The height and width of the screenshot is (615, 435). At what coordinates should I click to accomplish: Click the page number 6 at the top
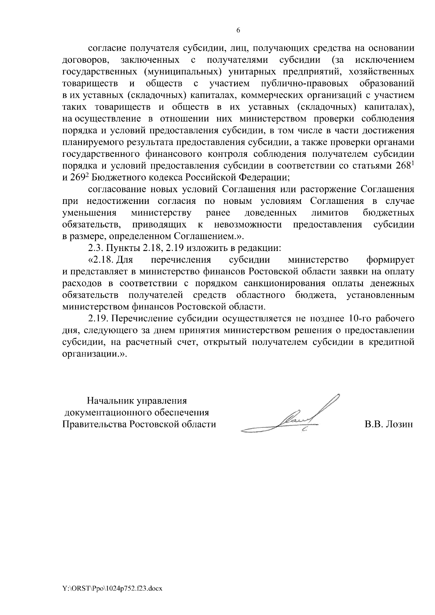238,30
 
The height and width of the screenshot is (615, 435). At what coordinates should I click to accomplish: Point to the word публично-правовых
304,83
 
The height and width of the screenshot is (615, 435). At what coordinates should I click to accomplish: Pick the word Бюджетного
117,177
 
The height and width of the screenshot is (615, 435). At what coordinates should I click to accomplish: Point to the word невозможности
248,225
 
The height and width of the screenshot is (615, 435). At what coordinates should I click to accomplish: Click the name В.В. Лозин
389,424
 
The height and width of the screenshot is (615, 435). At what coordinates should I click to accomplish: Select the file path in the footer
112,589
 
